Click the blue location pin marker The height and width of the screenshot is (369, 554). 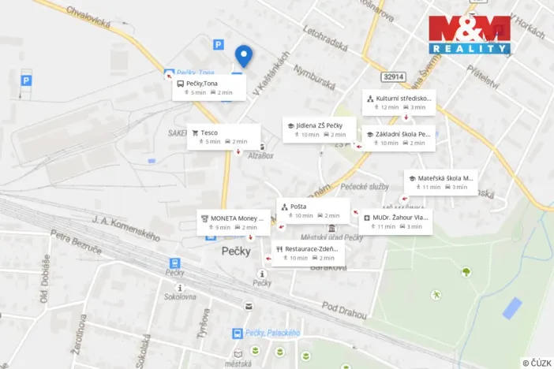point(244,55)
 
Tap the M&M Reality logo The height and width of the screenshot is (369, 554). point(469,35)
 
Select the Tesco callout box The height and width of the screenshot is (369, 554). point(224,136)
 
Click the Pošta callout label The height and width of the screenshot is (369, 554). point(311,211)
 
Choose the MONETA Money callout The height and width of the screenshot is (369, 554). point(233,222)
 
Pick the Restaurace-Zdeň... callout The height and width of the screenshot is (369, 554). point(309,253)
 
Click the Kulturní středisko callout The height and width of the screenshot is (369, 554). point(399,102)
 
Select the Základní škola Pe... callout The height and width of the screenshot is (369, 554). point(398,138)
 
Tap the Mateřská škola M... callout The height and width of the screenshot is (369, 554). point(440,182)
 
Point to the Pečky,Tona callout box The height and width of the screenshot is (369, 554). point(208,88)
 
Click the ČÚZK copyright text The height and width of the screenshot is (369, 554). point(537,363)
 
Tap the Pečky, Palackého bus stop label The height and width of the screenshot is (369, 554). point(272,334)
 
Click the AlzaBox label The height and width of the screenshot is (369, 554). point(261,156)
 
